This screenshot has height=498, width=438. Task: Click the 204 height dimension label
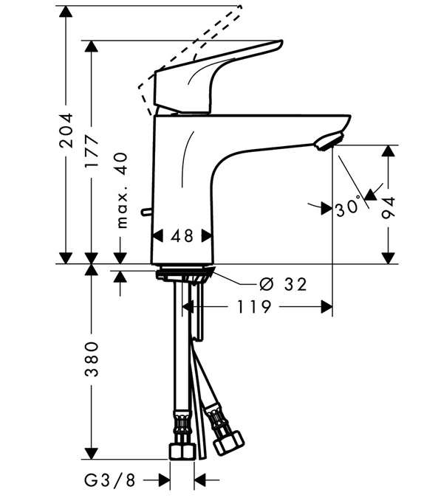[66, 131]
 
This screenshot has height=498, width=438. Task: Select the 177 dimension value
[92, 151]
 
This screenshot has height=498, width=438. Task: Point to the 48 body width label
[182, 236]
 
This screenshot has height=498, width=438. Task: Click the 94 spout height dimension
[389, 208]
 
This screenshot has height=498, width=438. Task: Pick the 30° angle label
[348, 209]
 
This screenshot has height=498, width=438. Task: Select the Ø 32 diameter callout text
[283, 284]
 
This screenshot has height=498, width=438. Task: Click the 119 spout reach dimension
[254, 307]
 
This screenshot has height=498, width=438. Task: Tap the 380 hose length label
[92, 359]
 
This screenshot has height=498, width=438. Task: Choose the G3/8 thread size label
[110, 480]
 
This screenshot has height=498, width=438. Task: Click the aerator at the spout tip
[329, 142]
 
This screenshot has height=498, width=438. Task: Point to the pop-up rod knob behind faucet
[146, 212]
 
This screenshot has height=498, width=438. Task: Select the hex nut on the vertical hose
[182, 452]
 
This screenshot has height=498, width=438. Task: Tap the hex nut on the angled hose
[228, 442]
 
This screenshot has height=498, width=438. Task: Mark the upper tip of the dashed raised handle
[240, 7]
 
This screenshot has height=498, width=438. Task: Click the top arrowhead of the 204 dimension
[66, 12]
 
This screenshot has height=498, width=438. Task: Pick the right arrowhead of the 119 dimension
[326, 307]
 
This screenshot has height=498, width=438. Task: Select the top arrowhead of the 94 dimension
[389, 151]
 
